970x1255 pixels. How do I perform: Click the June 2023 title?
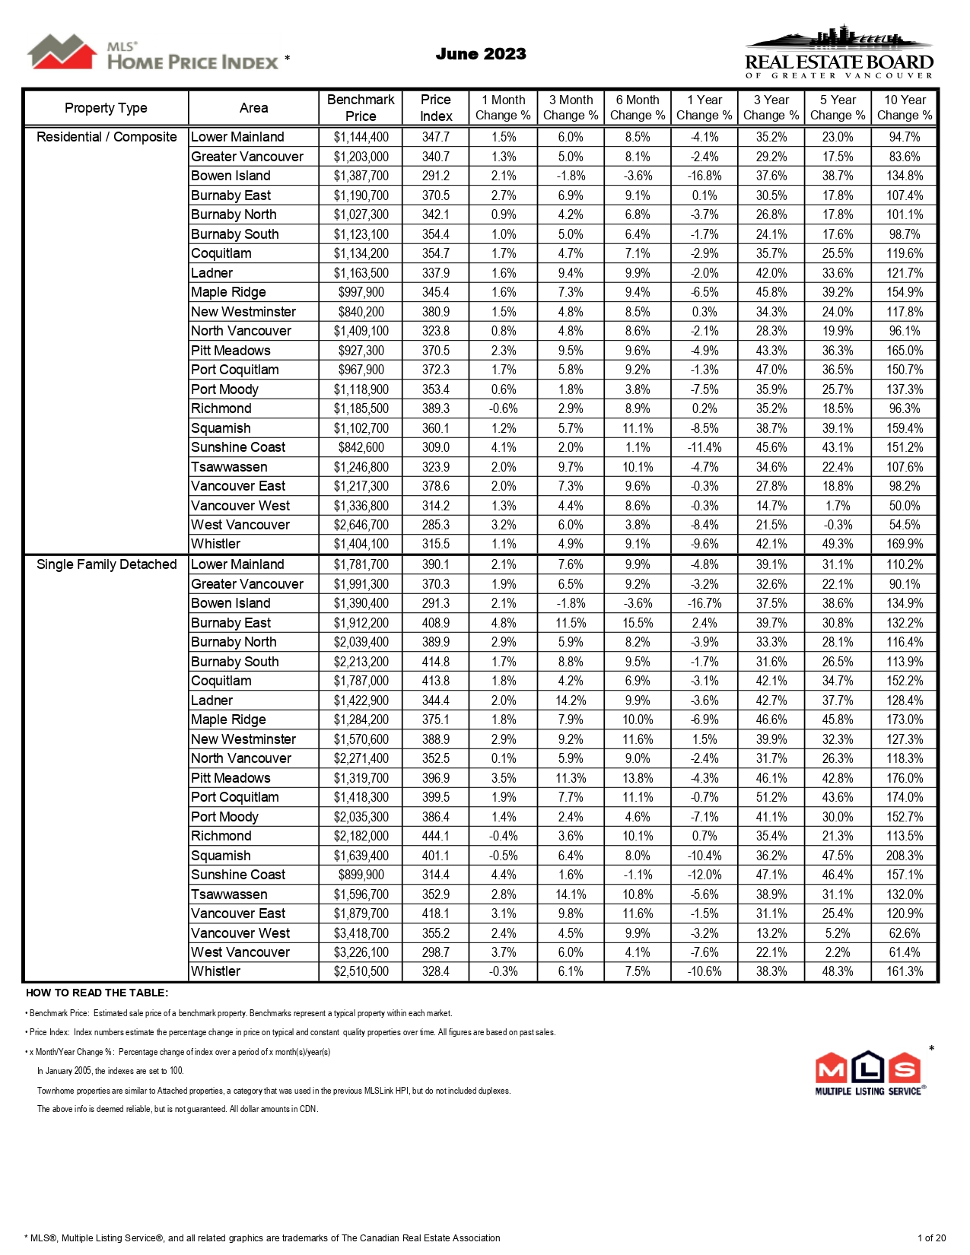(481, 54)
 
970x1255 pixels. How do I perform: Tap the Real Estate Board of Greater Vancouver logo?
(838, 52)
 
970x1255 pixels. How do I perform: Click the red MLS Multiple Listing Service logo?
(870, 1073)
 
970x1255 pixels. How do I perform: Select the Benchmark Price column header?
(361, 108)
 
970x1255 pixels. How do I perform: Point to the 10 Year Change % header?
(905, 108)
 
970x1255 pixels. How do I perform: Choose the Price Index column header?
(436, 108)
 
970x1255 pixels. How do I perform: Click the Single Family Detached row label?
(107, 564)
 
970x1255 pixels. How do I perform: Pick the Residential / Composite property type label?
(107, 137)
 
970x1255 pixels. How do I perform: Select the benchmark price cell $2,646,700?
(361, 525)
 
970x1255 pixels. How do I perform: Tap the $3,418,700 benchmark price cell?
(361, 933)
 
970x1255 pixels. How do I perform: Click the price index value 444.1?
(436, 836)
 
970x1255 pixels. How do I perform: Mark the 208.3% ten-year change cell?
(905, 856)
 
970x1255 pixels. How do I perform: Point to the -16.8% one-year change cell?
(704, 176)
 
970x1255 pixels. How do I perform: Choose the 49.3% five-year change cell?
(838, 544)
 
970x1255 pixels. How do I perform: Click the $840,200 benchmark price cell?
(361, 312)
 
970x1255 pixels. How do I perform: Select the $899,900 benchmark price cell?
(361, 875)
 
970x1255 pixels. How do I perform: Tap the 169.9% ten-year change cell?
(905, 544)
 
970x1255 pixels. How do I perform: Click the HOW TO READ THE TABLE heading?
(97, 993)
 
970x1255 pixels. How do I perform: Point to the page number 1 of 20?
(931, 1238)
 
